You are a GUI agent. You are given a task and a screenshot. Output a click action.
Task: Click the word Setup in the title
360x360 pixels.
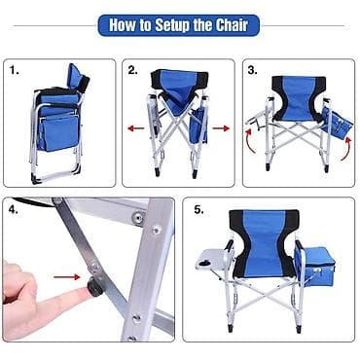pyautogui.click(x=173, y=25)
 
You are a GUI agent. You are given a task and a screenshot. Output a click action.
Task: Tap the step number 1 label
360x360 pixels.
pyautogui.click(x=14, y=70)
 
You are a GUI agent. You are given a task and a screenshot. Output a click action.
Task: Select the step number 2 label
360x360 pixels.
pyautogui.click(x=132, y=70)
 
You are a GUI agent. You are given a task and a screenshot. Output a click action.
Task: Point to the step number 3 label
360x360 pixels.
pyautogui.click(x=253, y=70)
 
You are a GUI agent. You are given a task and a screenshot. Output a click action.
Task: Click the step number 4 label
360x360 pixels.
pyautogui.click(x=14, y=210)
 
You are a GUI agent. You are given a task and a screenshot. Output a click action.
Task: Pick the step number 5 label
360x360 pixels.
pyautogui.click(x=198, y=210)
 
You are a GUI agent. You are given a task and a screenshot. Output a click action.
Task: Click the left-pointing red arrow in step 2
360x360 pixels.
pyautogui.click(x=136, y=128)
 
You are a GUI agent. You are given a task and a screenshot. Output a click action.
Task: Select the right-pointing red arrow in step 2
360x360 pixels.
pyautogui.click(x=221, y=128)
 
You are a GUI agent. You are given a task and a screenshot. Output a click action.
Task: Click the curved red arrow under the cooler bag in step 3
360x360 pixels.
pyautogui.click(x=346, y=149)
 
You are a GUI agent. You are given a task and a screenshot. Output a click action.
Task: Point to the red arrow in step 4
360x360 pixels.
pyautogui.click(x=66, y=277)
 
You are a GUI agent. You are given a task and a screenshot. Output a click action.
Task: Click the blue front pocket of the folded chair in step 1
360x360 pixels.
pyautogui.click(x=57, y=133)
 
